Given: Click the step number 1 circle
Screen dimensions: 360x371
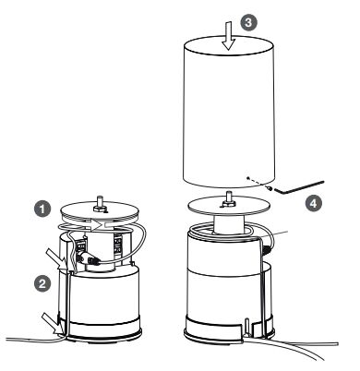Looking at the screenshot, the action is point(42,209).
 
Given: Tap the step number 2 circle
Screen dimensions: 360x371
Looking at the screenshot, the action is point(42,283).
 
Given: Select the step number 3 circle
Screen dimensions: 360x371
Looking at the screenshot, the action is point(248,22).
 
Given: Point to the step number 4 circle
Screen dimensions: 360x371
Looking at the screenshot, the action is point(313,204).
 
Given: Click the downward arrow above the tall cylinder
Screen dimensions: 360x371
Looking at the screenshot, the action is point(229,35).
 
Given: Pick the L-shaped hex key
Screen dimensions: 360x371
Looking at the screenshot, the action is point(299,187).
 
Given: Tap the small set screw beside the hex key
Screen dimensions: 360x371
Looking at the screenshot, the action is point(270,187).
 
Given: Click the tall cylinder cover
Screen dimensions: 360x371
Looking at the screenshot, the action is point(228,113).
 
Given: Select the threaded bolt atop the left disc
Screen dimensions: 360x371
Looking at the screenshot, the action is point(100,204).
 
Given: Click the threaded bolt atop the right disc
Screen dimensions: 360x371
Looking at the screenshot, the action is point(228,199).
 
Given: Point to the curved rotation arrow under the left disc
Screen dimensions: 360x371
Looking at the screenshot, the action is point(82,225).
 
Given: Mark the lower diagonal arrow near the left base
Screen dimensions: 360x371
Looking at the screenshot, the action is point(54,324).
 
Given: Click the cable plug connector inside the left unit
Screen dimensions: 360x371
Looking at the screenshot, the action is point(89,258).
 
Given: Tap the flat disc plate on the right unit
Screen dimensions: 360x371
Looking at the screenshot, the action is point(229,206).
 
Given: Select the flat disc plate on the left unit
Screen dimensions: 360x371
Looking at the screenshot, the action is point(100,212).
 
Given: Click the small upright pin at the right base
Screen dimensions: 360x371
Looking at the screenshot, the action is point(247,326).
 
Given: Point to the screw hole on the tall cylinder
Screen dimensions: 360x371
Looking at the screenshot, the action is point(248,177).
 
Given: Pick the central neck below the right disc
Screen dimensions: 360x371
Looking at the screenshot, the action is point(228,224).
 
